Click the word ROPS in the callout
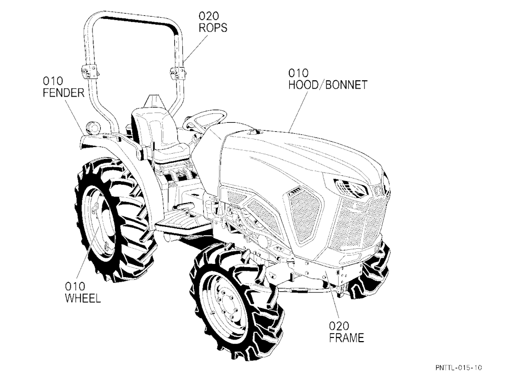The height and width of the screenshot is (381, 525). [x=213, y=27]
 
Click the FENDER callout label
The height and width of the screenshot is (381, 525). [x=64, y=93]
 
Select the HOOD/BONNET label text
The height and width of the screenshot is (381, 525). [x=328, y=84]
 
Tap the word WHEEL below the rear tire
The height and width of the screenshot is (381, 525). [x=83, y=298]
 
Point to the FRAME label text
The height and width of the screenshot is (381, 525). [x=346, y=337]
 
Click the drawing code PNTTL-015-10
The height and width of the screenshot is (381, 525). [x=459, y=367]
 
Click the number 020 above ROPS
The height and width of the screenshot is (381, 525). [x=208, y=16]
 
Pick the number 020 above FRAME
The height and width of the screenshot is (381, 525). [x=339, y=325]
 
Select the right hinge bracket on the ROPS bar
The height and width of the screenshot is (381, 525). [x=177, y=72]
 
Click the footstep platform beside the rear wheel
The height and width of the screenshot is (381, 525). [x=181, y=219]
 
